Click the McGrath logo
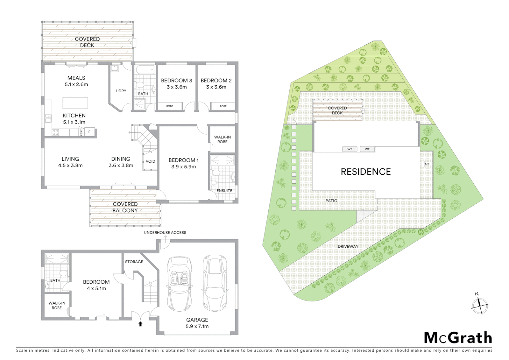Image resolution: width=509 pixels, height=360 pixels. point(458,338)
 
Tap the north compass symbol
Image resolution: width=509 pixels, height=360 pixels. point(480,304)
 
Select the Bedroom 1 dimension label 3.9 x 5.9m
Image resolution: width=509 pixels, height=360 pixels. point(184,167)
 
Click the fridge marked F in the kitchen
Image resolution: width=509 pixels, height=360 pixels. point(89,132)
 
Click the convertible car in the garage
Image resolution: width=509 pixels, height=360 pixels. point(180,283)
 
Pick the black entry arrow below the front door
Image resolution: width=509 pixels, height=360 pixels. point(140,324)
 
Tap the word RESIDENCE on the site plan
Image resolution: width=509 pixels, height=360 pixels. point(365,172)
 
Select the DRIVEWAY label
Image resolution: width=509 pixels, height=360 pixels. point(348,247)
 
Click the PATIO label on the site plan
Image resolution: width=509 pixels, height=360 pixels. point(331,201)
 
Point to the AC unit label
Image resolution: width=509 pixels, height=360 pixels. point(426,164)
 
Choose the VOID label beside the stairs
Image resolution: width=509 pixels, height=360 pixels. point(150,161)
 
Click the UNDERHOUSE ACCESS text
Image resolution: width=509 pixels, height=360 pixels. point(165,233)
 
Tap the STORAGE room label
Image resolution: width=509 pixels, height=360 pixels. point(134,262)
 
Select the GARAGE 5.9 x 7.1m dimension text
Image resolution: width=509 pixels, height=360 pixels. point(197,326)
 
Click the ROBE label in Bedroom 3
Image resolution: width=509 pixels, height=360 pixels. point(170,106)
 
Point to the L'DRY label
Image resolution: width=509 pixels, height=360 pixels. point(121,91)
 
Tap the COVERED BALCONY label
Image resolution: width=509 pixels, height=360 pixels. point(125,207)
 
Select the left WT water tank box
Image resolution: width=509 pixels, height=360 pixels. point(349,149)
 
